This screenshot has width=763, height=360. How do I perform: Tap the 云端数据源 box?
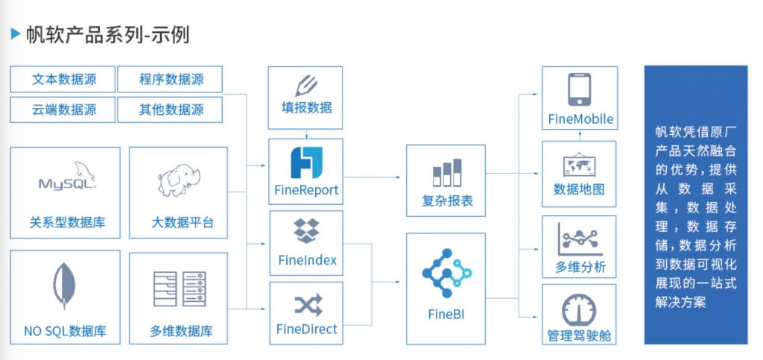(x=63, y=110)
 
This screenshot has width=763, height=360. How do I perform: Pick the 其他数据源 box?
(x=171, y=110)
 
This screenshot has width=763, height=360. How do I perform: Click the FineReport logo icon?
(x=305, y=162)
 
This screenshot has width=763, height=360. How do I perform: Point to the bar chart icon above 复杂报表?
(x=447, y=173)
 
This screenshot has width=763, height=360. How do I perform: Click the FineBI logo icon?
(x=446, y=271)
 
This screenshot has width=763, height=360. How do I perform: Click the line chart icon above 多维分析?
(x=580, y=239)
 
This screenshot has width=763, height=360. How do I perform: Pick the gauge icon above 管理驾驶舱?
(x=579, y=309)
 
